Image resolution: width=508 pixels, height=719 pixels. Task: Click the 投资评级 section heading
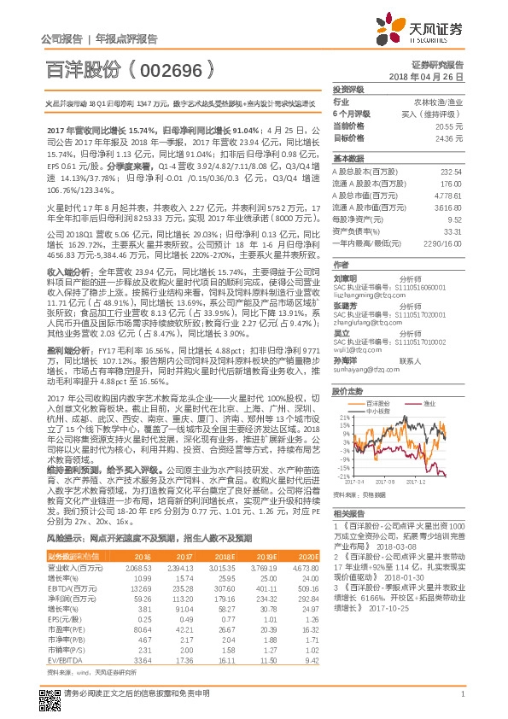coord(348,89)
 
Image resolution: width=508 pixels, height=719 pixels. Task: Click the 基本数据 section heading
coord(348,159)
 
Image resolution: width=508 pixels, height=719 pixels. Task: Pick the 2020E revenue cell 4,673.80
coord(305,566)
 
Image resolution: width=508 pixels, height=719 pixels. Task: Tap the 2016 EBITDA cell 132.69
coord(139,588)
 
